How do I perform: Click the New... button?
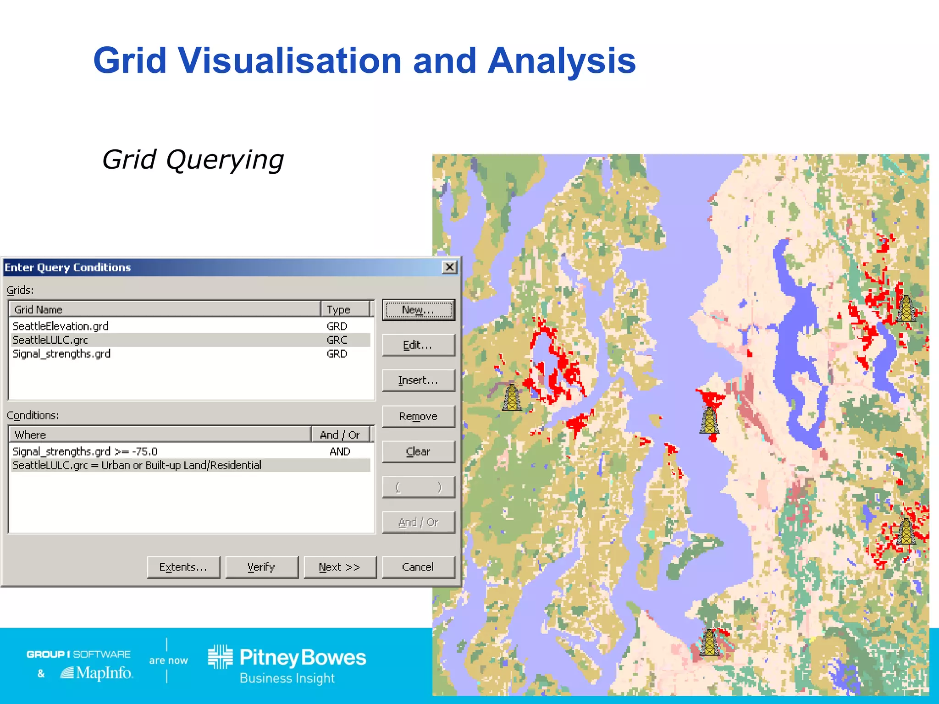click(418, 310)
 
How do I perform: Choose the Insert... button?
click(418, 380)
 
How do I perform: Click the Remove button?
click(418, 416)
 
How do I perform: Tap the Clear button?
click(418, 451)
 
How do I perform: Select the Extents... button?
click(183, 567)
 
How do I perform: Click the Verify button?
click(261, 567)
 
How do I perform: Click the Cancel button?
click(418, 567)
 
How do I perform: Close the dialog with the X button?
click(450, 267)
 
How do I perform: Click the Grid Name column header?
click(165, 309)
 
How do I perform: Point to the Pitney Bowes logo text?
click(303, 658)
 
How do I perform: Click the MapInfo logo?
click(97, 673)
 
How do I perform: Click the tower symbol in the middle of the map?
click(709, 420)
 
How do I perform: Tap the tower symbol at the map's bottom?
click(710, 642)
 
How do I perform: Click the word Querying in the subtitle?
click(225, 160)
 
